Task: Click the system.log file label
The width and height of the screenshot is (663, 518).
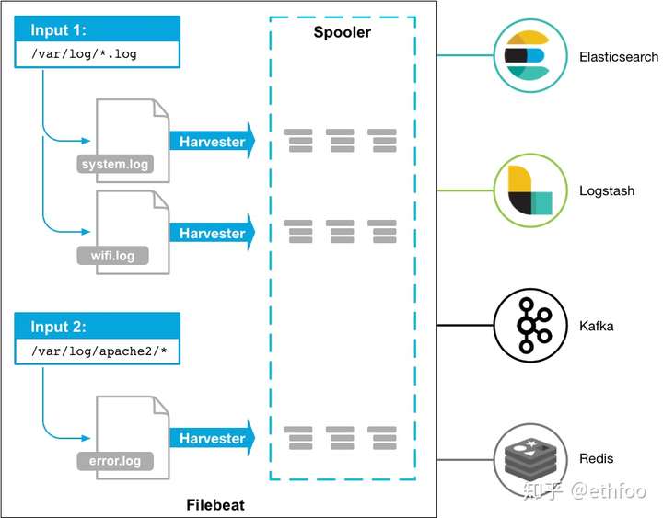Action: pyautogui.click(x=115, y=165)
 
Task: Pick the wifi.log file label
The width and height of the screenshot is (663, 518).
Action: pyautogui.click(x=112, y=255)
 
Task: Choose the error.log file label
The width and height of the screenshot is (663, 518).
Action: pyautogui.click(x=115, y=460)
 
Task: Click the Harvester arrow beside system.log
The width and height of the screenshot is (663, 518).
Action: pyautogui.click(x=212, y=142)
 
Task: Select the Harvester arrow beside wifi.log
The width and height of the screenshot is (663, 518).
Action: pyautogui.click(x=212, y=233)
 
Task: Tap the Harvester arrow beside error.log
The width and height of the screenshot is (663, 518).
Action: pyautogui.click(x=212, y=439)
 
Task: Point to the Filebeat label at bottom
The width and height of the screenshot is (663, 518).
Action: pyautogui.click(x=215, y=505)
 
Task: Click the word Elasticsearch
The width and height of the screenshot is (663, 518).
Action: pyautogui.click(x=619, y=57)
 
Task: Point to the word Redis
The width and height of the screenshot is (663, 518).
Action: pyautogui.click(x=597, y=458)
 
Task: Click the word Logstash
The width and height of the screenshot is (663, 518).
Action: pyautogui.click(x=607, y=191)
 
